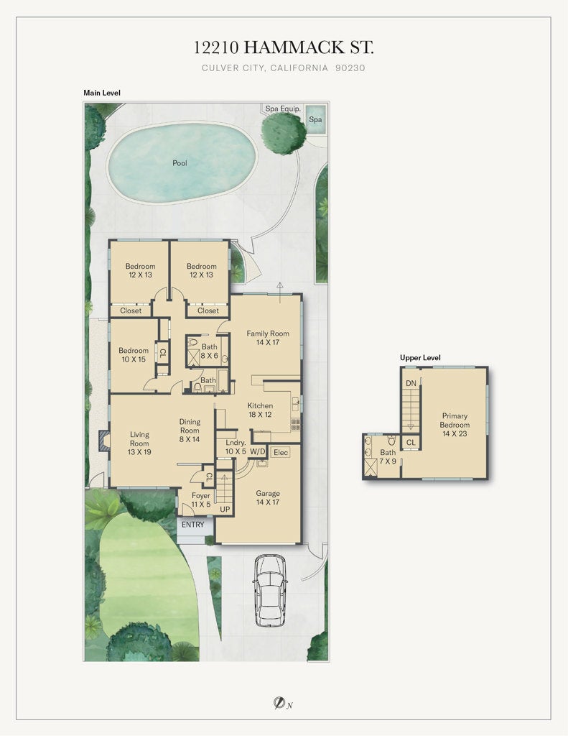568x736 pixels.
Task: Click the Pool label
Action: tap(180, 163)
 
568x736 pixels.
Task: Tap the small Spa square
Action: tap(315, 119)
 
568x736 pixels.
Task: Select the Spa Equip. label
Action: tap(283, 109)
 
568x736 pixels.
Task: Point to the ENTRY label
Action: tap(192, 525)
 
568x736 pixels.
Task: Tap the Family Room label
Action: tap(268, 338)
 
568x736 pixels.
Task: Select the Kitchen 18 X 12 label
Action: tap(260, 410)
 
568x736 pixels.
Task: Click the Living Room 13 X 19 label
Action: tap(139, 443)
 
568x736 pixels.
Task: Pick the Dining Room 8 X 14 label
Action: tap(190, 430)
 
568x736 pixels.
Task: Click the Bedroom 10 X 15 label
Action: tap(134, 355)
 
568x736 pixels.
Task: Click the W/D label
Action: tap(257, 451)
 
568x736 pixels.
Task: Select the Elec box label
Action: tap(281, 453)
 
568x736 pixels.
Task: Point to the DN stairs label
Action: tap(411, 383)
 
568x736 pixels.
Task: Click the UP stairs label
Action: tap(225, 509)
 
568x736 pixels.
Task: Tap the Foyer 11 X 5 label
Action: tap(201, 500)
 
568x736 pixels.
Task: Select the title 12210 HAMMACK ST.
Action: tap(284, 48)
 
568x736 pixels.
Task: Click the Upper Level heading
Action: tap(420, 357)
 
